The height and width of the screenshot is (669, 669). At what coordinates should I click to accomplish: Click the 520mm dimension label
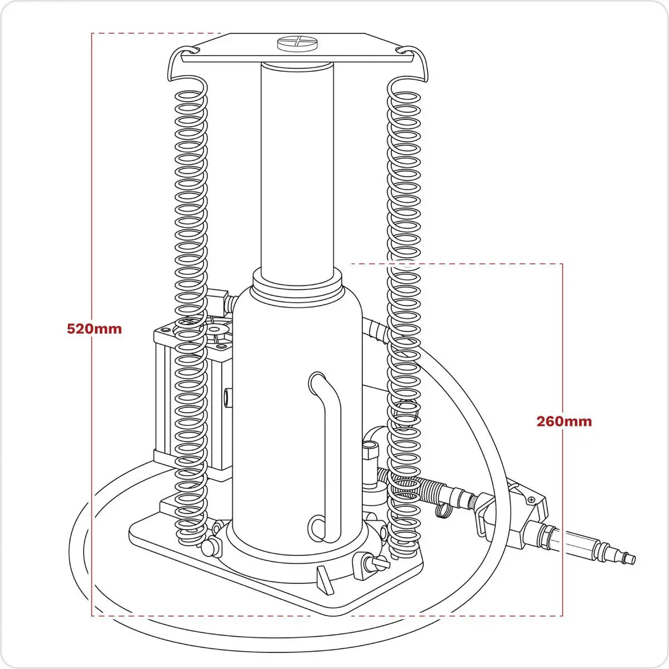[x=94, y=328]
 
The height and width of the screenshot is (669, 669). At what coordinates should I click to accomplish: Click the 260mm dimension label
[x=564, y=421]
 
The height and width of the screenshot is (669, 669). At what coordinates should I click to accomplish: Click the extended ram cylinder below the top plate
[x=297, y=167]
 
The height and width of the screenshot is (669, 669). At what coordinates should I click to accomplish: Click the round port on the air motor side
[x=227, y=397]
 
